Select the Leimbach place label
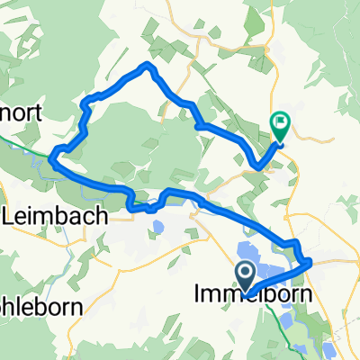tap(55, 216)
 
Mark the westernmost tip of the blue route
tap(52, 162)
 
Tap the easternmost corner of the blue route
tap(310, 263)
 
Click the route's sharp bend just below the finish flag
tap(260, 166)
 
